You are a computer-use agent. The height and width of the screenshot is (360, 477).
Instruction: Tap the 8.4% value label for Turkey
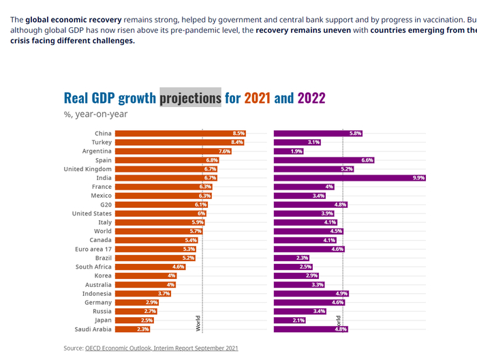point(237,142)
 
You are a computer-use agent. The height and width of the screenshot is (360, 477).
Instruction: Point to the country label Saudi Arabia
point(92,329)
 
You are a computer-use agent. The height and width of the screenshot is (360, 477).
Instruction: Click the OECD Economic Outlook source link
point(161,348)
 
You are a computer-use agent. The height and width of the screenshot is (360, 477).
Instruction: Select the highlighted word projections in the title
point(191,97)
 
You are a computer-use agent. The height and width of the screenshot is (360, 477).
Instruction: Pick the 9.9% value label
point(418,178)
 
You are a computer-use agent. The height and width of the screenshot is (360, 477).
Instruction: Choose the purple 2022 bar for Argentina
point(281,151)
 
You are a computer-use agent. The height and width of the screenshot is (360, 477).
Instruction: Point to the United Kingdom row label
point(87,168)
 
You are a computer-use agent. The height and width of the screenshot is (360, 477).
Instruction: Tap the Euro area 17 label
point(92,249)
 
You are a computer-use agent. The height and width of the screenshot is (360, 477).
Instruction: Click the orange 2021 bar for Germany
point(129,302)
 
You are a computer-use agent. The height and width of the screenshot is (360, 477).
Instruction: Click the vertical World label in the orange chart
point(198,323)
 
